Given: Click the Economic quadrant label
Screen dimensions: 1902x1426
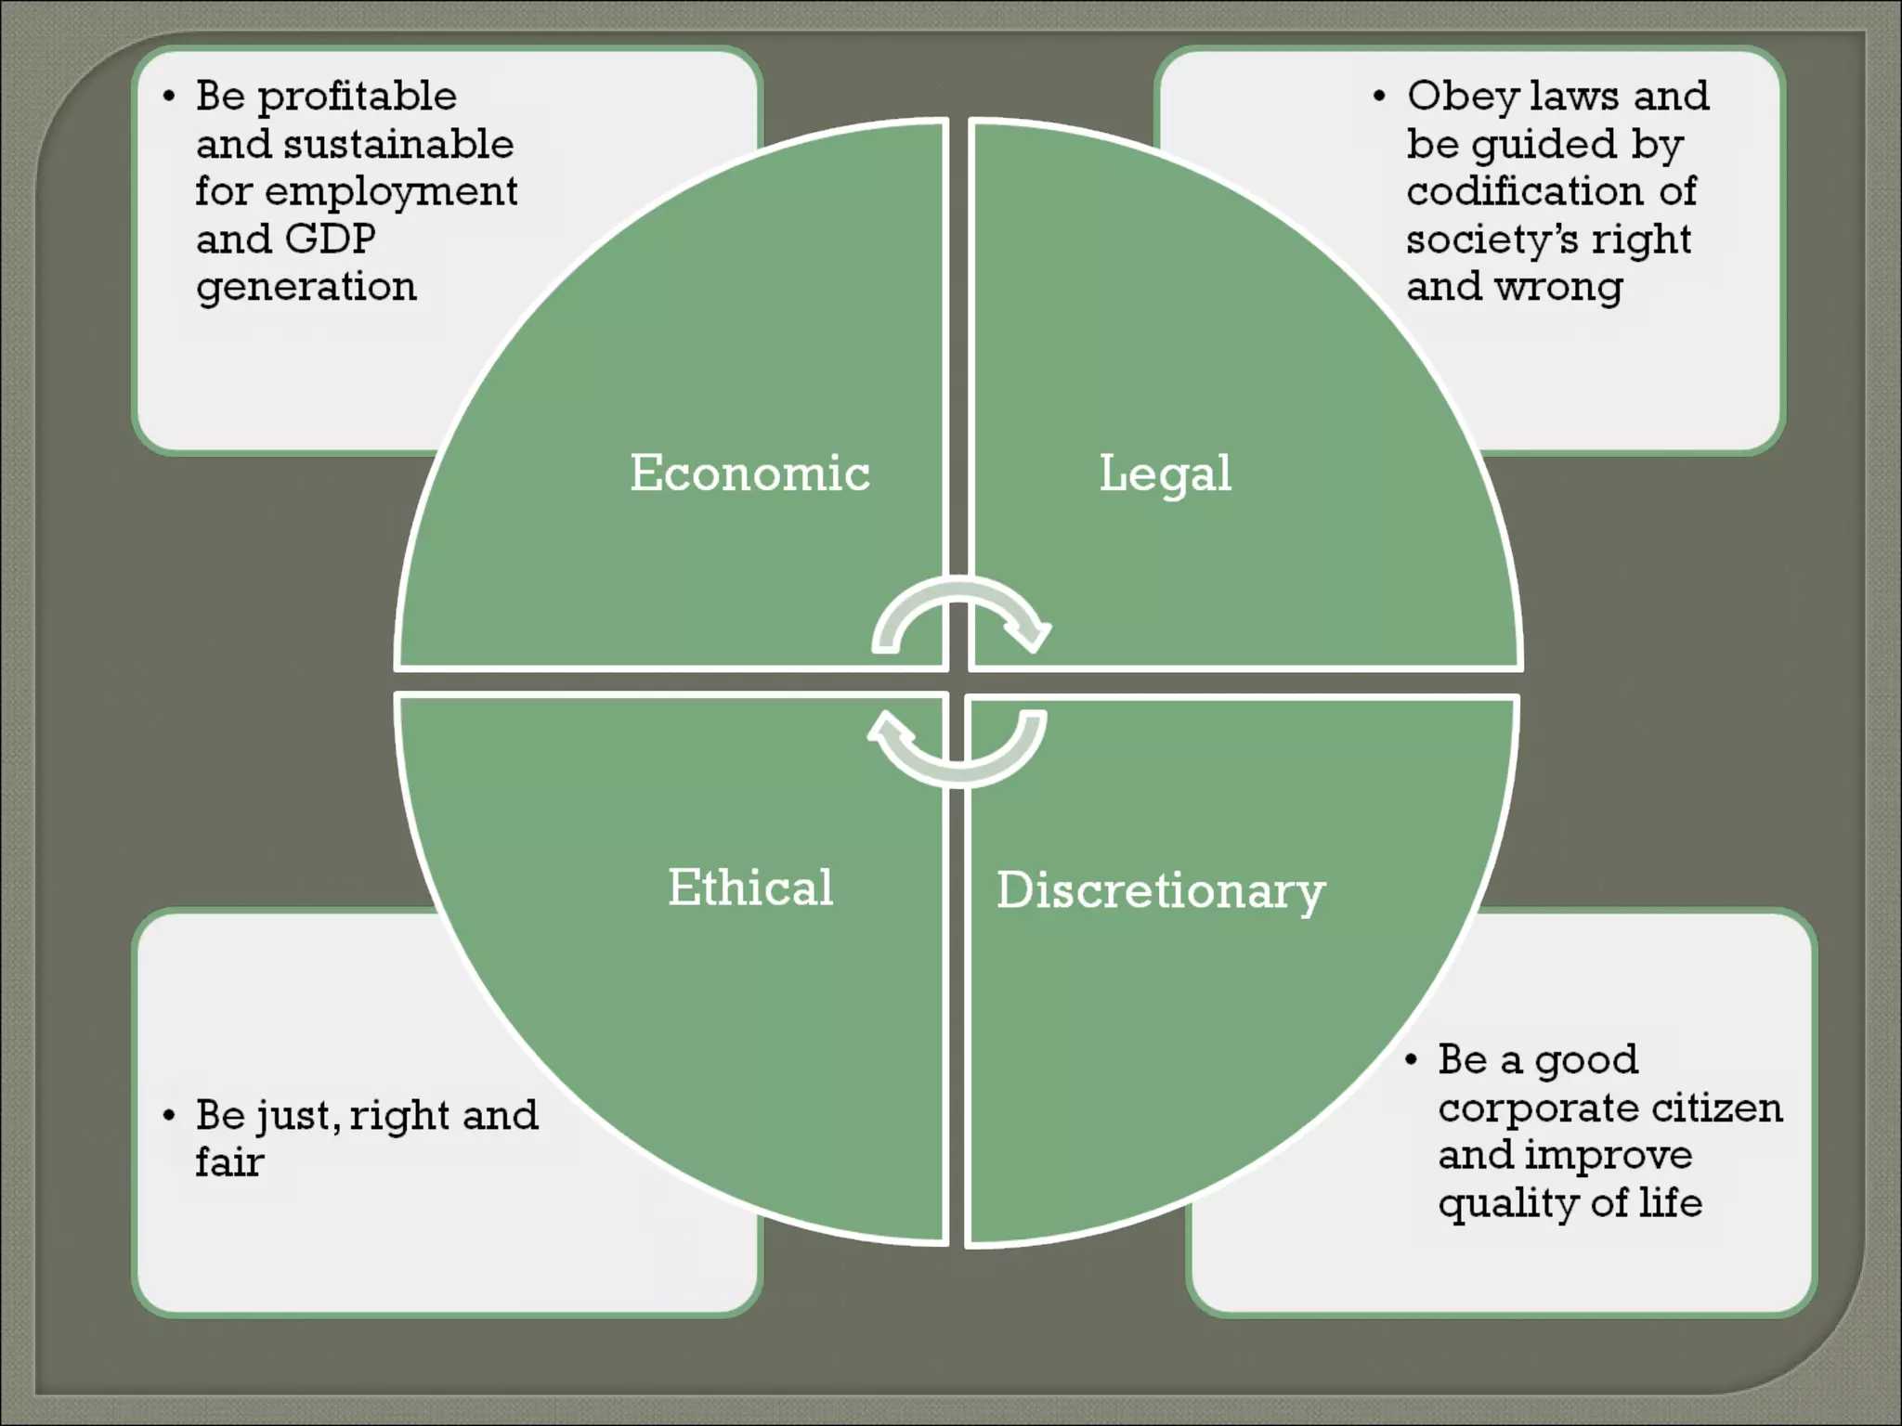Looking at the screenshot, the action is point(749,473).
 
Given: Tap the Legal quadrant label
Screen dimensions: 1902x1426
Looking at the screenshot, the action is point(1165,473).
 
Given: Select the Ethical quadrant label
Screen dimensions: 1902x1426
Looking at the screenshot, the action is point(750,888).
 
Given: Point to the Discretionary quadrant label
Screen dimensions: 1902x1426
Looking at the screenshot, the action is point(1161,891).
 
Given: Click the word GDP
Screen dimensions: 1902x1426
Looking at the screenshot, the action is point(331,239).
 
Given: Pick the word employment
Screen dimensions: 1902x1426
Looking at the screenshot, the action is point(391,192).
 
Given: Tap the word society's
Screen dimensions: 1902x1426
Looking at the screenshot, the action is point(1492,240).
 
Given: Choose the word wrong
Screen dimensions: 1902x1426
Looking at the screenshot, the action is point(1558,287).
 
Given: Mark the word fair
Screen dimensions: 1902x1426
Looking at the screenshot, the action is point(229,1162).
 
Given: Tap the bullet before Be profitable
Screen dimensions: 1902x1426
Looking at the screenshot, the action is point(168,97).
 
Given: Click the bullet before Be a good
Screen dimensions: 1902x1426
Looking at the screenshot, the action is point(1411,1059).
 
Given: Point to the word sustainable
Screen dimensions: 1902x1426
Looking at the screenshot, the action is point(397,145).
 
